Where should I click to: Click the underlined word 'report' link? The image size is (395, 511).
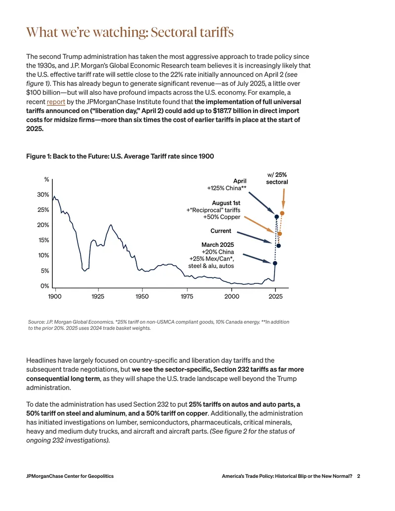tap(56, 102)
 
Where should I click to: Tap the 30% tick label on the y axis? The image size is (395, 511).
tap(43, 195)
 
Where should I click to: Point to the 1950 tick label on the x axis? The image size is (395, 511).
tap(142, 296)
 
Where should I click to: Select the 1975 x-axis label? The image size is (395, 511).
tap(187, 296)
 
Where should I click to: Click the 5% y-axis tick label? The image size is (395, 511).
tap(45, 271)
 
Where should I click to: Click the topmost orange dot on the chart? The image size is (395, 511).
tap(282, 213)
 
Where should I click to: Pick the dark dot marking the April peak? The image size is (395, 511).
tap(276, 217)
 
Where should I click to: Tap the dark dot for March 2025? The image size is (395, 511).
tap(275, 263)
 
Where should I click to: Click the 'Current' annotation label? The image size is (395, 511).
tap(221, 231)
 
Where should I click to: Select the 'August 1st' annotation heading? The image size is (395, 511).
tap(226, 203)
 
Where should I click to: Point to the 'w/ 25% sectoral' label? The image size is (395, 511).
tap(277, 178)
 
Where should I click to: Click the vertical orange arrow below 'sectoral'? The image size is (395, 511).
tap(283, 198)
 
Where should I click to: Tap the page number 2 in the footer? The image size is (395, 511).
tap(358, 476)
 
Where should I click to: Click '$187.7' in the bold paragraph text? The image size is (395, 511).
tap(223, 111)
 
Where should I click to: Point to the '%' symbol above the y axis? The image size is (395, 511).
tap(46, 180)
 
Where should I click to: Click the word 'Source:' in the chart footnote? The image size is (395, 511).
tap(36, 322)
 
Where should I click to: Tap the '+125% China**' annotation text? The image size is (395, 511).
tap(227, 188)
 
